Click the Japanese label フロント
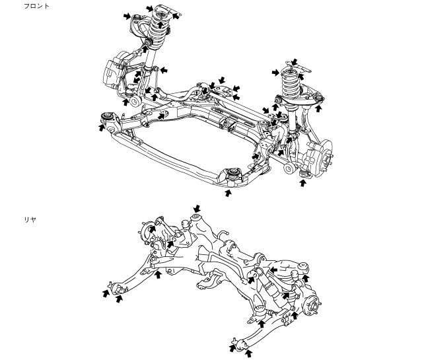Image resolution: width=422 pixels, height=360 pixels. pos(36,6)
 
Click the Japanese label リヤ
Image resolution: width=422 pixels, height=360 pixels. pos(30,219)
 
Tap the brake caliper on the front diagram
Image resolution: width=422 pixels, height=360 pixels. pos(112,72)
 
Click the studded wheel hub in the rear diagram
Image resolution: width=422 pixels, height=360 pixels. pos(314,306)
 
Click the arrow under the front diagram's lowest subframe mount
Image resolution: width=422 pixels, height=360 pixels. pos(229,193)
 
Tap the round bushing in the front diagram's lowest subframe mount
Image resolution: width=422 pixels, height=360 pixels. pos(232,172)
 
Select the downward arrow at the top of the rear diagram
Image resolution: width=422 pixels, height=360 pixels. pos(197,209)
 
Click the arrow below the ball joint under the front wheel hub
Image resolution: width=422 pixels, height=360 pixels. pos(303,183)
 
